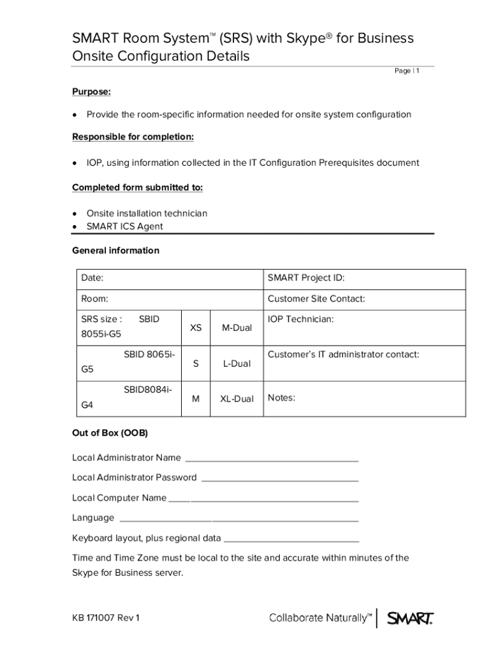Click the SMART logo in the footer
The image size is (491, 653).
tap(411, 617)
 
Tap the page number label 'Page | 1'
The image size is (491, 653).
tap(407, 71)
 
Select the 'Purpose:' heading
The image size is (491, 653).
tap(91, 92)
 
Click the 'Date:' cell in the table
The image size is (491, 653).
tap(92, 278)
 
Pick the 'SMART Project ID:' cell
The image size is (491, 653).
tap(306, 278)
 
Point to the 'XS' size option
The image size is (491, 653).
tap(196, 328)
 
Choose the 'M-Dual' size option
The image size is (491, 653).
tap(237, 328)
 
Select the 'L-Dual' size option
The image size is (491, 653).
tap(237, 363)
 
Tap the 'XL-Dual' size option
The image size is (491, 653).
tap(237, 399)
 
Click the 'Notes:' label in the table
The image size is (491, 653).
tap(281, 398)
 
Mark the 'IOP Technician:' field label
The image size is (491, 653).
tap(300, 319)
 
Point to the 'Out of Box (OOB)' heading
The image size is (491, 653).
tap(110, 433)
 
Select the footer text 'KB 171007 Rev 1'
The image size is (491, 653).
tap(106, 618)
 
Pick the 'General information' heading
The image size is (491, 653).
tap(115, 251)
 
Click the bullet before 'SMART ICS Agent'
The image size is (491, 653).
tap(76, 226)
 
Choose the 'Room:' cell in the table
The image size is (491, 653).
tap(94, 298)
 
